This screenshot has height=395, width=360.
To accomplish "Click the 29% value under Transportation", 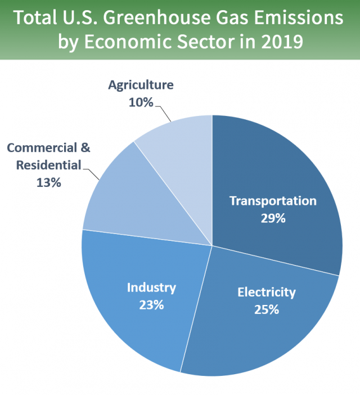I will (273, 218).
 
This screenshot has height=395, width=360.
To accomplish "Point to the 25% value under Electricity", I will (266, 309).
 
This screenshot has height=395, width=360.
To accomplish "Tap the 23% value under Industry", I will (151, 305).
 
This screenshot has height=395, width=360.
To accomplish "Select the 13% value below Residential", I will (48, 182).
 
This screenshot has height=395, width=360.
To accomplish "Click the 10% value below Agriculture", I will (141, 102).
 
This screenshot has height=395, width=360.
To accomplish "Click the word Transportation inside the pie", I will (273, 201).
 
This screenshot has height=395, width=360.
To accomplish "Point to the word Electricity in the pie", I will (266, 292).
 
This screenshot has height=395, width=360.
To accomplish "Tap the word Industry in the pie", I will (151, 288).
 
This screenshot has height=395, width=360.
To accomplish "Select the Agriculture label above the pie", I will (141, 86).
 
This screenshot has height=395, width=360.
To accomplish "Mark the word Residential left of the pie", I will (48, 165).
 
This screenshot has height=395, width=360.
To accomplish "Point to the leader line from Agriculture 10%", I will (163, 113).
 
